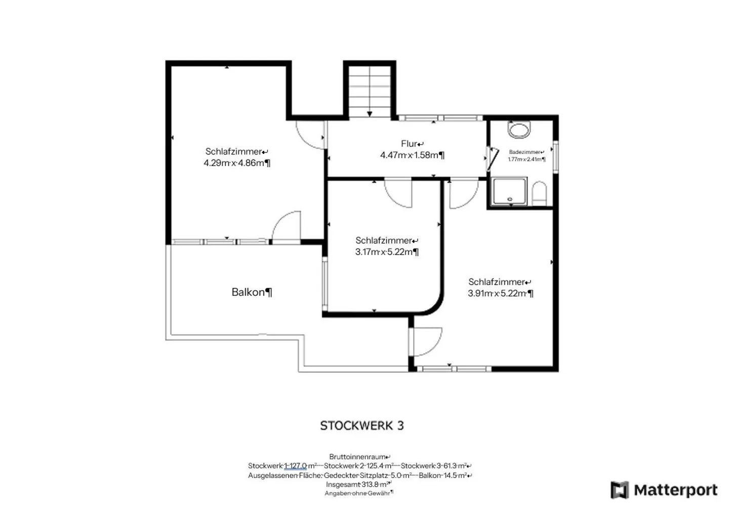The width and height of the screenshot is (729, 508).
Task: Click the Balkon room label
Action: tap(251, 292)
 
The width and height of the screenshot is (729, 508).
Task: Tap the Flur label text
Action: tap(412, 144)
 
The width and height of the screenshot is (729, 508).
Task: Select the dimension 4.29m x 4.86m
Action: tap(236, 163)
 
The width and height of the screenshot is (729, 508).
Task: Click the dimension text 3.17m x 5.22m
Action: tap(386, 252)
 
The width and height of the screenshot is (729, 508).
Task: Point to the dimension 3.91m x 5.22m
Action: tap(500, 293)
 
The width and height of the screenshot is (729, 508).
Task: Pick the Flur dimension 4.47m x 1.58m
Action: tap(412, 155)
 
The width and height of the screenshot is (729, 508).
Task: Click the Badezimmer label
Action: tap(526, 152)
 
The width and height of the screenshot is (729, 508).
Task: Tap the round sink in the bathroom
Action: tap(519, 130)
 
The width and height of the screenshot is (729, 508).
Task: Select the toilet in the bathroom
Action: tap(539, 194)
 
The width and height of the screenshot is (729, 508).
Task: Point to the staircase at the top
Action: tap(370, 91)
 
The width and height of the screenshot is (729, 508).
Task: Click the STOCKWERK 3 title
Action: tap(361, 426)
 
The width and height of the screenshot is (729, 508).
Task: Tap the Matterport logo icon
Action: tap(620, 490)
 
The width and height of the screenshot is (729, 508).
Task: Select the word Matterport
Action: tap(675, 490)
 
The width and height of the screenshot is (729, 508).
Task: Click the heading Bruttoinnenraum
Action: tap(359, 457)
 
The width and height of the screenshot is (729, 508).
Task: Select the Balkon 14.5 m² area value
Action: tap(445, 476)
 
